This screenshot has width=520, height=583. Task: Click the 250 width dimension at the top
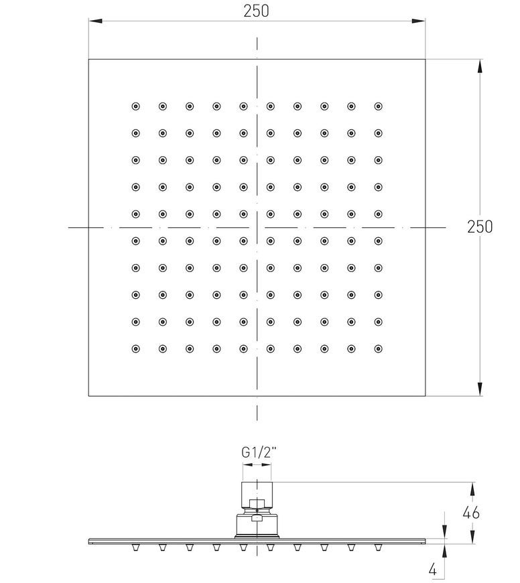tap(256, 11)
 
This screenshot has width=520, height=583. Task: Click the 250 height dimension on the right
tap(480, 226)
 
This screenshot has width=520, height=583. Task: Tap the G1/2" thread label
tap(259, 452)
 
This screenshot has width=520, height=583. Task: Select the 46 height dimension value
tap(471, 513)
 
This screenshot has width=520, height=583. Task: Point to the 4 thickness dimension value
tap(433, 570)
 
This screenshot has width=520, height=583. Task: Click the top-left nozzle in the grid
tap(135, 107)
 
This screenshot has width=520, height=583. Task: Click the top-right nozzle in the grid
tap(379, 107)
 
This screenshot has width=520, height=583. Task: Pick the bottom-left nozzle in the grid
tap(135, 348)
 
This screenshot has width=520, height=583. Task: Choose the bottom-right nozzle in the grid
tap(379, 348)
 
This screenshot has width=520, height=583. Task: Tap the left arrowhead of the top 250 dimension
tap(95, 21)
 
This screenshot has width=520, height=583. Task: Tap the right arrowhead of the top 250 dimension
tap(419, 21)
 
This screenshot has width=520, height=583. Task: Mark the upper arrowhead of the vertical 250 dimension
tap(480, 66)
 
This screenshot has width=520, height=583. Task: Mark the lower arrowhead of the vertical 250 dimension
tap(480, 389)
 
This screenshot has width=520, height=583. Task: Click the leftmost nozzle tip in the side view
tap(135, 547)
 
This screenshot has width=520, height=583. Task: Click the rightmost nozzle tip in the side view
tap(378, 547)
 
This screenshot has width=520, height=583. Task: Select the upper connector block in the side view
tap(257, 495)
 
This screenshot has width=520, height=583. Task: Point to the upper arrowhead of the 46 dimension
tap(472, 489)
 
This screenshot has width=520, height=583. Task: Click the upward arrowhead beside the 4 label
tap(444, 551)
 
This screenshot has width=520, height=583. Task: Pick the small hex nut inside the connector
tap(257, 504)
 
